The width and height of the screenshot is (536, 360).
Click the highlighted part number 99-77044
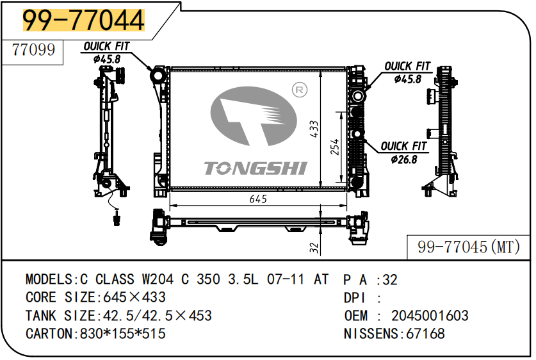point(83,20)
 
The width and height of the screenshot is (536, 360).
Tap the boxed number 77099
point(33,50)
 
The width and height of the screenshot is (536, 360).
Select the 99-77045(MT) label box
point(468,247)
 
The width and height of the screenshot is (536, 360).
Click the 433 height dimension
point(314,129)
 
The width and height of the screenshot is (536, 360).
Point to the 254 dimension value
point(335,147)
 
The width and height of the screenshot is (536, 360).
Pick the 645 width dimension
point(258,199)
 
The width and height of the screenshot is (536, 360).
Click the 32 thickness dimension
point(314,247)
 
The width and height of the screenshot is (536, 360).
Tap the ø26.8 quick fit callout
point(403,153)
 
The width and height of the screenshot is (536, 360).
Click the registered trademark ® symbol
point(300,90)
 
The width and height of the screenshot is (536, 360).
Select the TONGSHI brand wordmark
point(256,168)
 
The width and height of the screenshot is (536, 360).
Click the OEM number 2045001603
point(430,316)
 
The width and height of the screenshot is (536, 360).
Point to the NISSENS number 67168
point(425,334)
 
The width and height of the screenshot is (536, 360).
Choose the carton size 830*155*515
point(123,334)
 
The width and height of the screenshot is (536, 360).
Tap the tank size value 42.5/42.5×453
point(158,316)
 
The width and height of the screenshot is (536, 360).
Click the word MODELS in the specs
point(49,279)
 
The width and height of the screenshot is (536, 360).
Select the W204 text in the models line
point(158,279)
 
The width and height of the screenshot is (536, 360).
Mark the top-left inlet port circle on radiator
point(158,76)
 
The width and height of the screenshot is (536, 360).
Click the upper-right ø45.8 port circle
point(357,95)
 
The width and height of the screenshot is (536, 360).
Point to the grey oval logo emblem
point(254,116)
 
